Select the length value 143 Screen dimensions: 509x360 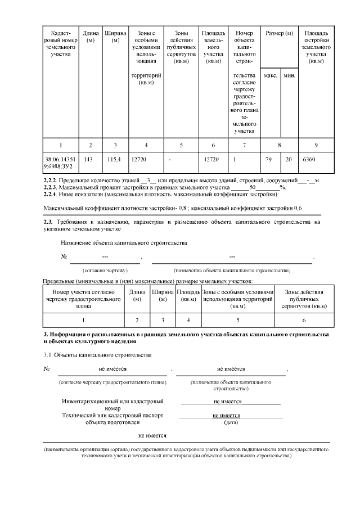[x=88, y=160]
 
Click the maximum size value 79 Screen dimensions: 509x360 [x=268, y=160]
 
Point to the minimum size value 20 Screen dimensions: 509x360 [x=289, y=160]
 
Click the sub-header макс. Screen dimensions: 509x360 [x=270, y=75]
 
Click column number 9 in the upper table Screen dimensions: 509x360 [x=316, y=145]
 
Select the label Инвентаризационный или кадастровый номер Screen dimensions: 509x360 [x=112, y=405]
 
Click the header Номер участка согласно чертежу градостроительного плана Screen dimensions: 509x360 [x=84, y=299]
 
